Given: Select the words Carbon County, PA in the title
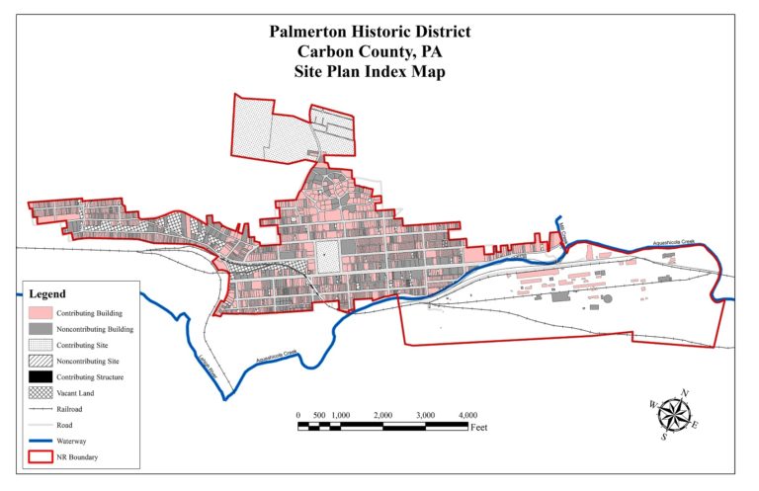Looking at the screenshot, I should (370, 52).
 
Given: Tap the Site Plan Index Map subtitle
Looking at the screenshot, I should (370, 72).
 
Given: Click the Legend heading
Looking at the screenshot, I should (47, 294).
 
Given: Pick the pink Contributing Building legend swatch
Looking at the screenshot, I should (43, 312).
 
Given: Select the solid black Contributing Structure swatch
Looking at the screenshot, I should (43, 377).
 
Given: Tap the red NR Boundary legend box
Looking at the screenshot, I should (43, 457).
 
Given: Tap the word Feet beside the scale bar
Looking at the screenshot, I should (479, 429).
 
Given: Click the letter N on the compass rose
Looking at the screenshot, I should (686, 393).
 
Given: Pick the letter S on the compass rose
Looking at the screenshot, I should (664, 436).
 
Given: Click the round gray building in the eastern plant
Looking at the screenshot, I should (608, 297).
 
